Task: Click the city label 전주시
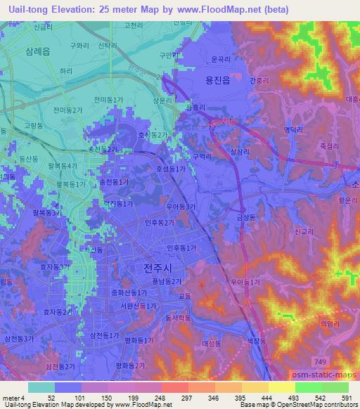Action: [156, 268]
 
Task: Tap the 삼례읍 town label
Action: [37, 52]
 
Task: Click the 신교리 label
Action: [304, 231]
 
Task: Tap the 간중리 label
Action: [259, 79]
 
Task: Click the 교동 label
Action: [184, 297]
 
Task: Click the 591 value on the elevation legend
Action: [345, 398]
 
